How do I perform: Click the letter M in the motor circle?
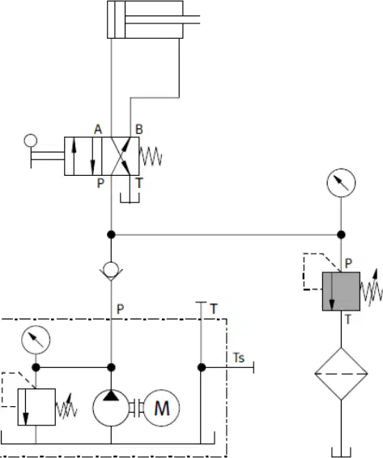(x=162, y=408)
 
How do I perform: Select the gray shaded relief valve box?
(x=341, y=291)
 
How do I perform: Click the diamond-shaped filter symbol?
(x=341, y=374)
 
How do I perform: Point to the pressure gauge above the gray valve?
(x=341, y=183)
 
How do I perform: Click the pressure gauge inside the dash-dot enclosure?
(x=36, y=340)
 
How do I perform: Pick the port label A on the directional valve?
(x=98, y=130)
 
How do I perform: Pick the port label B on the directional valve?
(x=139, y=130)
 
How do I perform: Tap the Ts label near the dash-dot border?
(x=239, y=357)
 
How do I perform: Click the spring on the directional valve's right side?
(x=151, y=156)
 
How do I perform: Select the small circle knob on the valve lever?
(x=31, y=140)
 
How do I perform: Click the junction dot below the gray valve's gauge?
(x=341, y=234)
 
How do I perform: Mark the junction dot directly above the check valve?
(x=111, y=234)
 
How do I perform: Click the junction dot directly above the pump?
(x=111, y=367)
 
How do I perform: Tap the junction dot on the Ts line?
(x=202, y=367)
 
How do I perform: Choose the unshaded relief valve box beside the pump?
(x=36, y=407)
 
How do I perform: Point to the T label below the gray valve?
(x=347, y=319)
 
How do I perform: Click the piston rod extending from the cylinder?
(x=163, y=19)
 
